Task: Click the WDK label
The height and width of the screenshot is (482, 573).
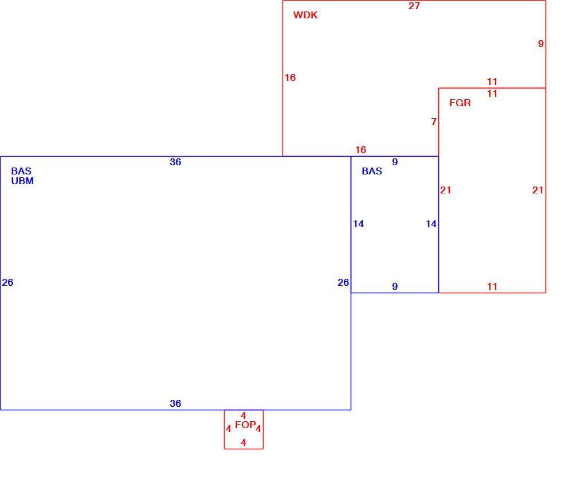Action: [305, 15]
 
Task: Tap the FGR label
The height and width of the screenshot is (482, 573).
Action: [460, 103]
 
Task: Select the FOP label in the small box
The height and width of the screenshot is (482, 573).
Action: [245, 425]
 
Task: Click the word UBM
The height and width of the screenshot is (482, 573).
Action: [22, 181]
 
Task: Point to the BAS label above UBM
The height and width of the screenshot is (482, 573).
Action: [21, 171]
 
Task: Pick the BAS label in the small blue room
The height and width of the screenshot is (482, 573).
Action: [372, 171]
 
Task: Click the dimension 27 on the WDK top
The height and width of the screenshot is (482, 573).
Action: [414, 6]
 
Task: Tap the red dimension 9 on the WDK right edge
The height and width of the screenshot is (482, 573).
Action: [541, 44]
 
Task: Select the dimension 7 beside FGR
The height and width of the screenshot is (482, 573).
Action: [434, 122]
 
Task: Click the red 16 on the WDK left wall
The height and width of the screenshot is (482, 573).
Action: [290, 77]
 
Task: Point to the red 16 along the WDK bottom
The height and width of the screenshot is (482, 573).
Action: [360, 150]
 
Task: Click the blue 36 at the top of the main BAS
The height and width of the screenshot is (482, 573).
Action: [175, 162]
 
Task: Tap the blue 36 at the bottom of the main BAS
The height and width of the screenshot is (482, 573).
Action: [175, 403]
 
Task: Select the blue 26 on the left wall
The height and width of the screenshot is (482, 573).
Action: [7, 282]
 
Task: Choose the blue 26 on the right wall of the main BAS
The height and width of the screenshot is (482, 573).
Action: [343, 282]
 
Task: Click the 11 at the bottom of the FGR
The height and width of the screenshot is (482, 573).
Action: [492, 286]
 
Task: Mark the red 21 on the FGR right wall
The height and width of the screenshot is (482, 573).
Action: [537, 190]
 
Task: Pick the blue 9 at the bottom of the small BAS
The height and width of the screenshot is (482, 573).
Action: [395, 286]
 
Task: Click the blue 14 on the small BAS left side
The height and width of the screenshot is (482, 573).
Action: [358, 224]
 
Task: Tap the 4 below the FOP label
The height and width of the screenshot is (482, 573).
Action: [244, 442]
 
